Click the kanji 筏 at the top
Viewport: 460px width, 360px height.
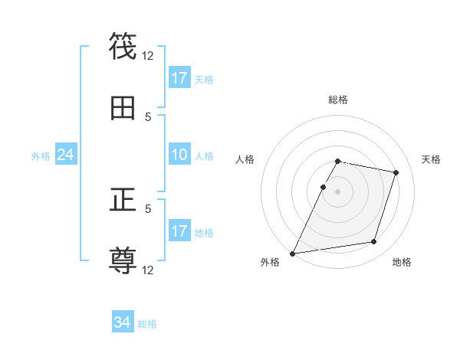[x=123, y=47]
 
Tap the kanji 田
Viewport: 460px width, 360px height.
[x=123, y=108]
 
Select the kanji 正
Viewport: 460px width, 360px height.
[x=123, y=201]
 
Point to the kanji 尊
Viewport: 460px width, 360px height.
[x=123, y=261]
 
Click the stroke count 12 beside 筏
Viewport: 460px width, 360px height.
[x=148, y=55]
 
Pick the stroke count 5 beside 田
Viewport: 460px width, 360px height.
[x=148, y=116]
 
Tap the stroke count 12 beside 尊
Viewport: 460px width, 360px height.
[x=148, y=270]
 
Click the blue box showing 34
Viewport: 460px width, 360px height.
[x=123, y=323]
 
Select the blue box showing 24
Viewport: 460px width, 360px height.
[x=65, y=155]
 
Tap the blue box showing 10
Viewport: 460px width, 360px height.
[x=179, y=155]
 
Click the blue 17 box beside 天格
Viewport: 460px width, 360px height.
[x=179, y=78]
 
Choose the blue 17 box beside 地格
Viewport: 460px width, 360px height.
[x=179, y=231]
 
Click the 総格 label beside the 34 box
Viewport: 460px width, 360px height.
[x=147, y=324]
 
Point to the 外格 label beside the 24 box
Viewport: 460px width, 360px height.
[x=41, y=156]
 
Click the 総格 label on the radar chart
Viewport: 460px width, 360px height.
[x=338, y=100]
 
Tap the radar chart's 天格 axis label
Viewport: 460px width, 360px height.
[x=432, y=159]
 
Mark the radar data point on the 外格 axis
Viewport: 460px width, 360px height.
[x=293, y=253]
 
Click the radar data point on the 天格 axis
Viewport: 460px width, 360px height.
[x=396, y=172]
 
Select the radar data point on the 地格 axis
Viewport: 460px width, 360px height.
[x=374, y=242]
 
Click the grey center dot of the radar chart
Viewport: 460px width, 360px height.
[x=338, y=191]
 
